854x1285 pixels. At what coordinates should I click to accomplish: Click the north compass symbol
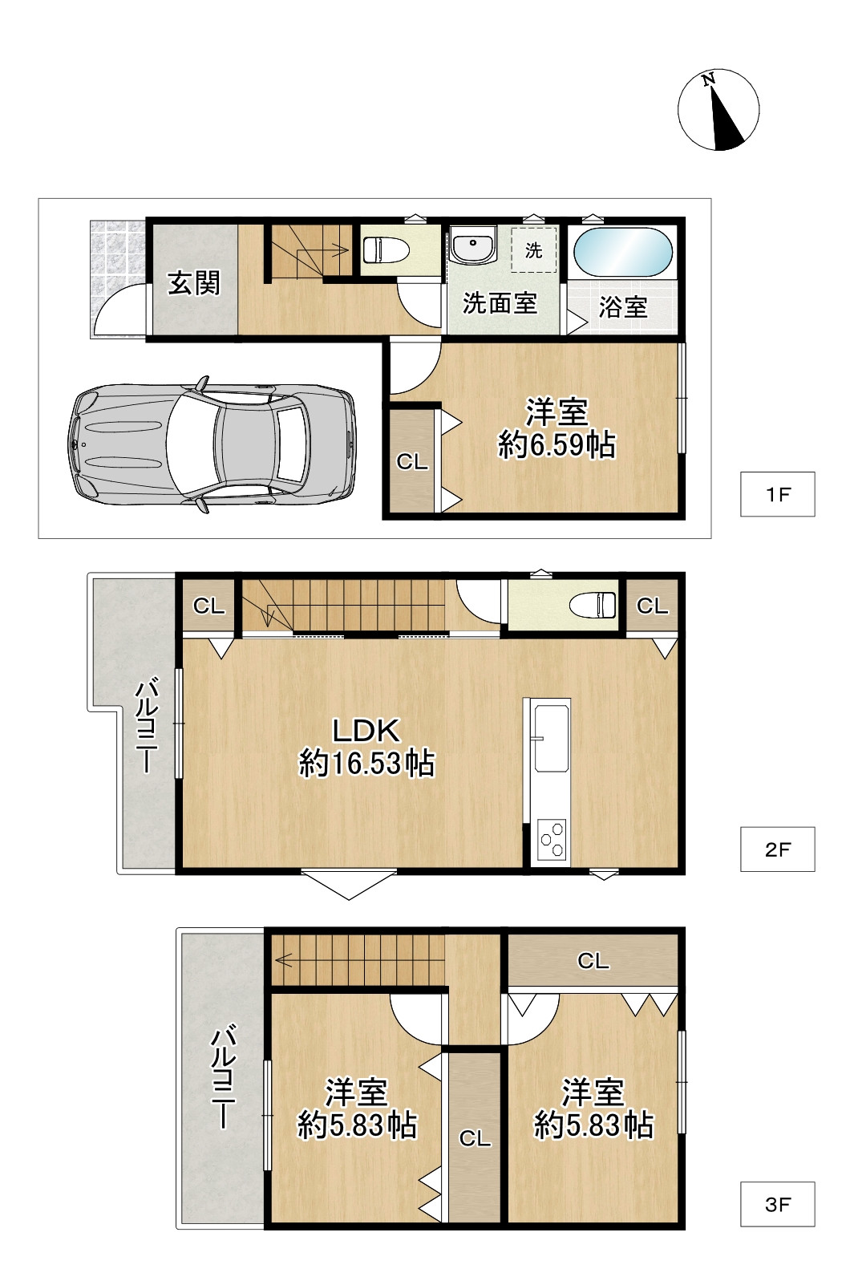tap(718, 110)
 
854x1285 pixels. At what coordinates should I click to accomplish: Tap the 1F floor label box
tap(777, 494)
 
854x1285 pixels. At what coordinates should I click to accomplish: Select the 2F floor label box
tap(777, 849)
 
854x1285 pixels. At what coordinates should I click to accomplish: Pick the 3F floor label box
tap(777, 1204)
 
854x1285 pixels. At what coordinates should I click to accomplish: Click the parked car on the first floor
tap(212, 444)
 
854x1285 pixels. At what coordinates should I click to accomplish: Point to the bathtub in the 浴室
tap(623, 253)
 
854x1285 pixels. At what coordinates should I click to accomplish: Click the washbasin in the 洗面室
tap(472, 245)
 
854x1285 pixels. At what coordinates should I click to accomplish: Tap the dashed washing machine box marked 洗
tap(534, 249)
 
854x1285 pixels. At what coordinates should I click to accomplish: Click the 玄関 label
tap(194, 283)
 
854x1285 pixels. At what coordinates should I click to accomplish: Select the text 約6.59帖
tap(557, 445)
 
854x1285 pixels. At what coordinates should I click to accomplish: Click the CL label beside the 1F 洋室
tap(412, 462)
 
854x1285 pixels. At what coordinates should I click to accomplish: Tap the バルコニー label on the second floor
tap(147, 725)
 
